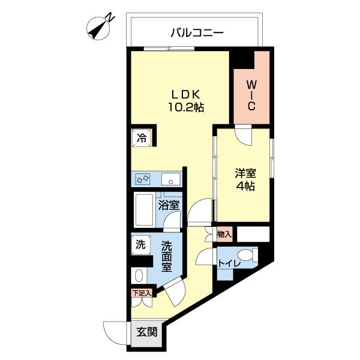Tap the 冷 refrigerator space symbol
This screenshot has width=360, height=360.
pos(142,137)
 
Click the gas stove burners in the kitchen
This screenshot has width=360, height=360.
pos(144,179)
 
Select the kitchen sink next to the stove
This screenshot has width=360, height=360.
pos(171,178)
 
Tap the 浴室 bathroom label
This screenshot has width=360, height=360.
pos(169,205)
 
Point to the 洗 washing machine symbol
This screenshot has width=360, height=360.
pos(140,245)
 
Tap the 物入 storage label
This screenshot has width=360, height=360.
pos(224,233)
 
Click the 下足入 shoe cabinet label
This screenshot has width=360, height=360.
pos(142,293)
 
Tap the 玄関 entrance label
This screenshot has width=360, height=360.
pos(146,332)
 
